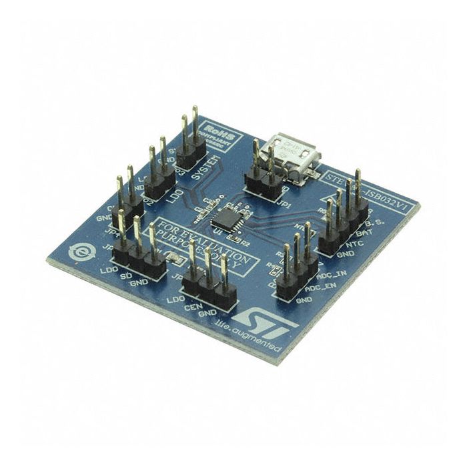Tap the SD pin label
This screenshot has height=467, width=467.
[124, 276]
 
